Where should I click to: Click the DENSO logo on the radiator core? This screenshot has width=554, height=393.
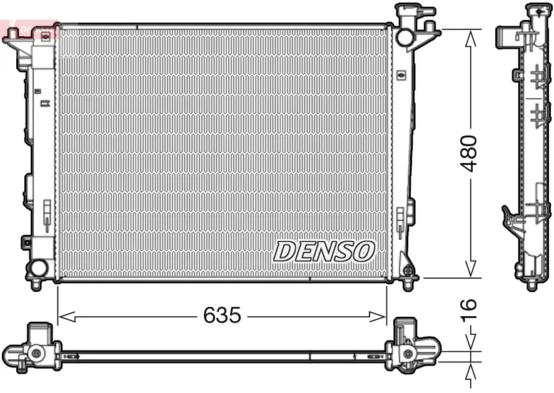(324, 251)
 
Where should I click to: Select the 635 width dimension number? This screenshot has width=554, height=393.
(221, 316)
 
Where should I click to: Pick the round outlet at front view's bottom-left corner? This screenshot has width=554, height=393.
(38, 269)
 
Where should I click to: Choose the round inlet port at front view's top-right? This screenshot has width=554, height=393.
(403, 36)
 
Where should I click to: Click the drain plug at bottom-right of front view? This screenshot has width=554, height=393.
(408, 271)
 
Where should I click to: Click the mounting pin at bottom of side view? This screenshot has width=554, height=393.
(531, 284)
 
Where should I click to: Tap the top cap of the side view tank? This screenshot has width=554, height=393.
(535, 10)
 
